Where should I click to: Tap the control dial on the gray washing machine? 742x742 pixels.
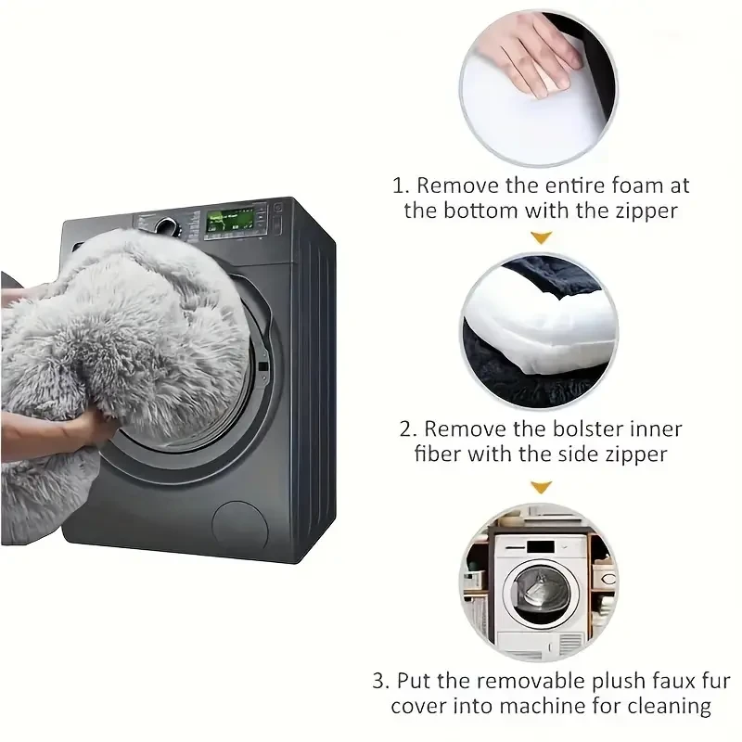(x=168, y=225)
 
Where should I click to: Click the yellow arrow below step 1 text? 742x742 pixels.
(x=542, y=238)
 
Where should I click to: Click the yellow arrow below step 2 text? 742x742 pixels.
(x=542, y=486)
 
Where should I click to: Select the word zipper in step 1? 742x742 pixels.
(x=645, y=211)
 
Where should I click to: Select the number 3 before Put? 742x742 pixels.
(x=380, y=681)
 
